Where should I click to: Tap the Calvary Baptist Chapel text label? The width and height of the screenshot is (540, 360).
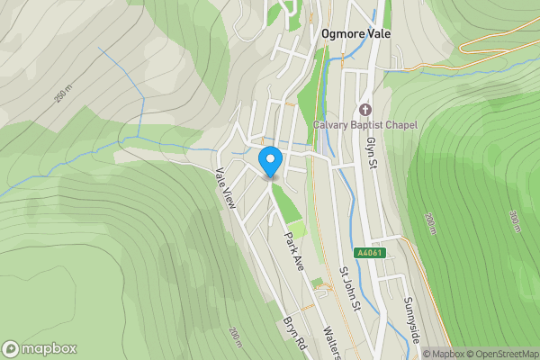click(364, 124)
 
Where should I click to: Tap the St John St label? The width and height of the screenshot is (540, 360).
click(349, 290)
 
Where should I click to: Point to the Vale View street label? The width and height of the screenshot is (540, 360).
click(224, 190)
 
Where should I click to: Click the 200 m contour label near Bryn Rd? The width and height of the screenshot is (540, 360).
click(236, 337)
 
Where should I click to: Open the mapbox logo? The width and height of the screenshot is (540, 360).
click(39, 348)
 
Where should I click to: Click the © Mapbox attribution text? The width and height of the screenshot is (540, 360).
click(444, 354)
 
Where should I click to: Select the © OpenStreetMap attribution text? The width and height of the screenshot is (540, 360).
click(501, 354)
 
